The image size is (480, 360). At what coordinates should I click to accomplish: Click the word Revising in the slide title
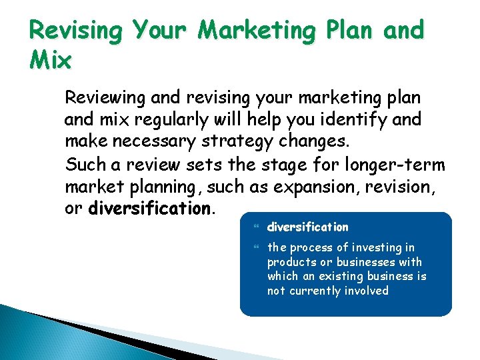pyautogui.click(x=75, y=31)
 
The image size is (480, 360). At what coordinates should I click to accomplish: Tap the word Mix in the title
pyautogui.click(x=51, y=61)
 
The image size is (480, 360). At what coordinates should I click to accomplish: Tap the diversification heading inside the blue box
pyautogui.click(x=308, y=227)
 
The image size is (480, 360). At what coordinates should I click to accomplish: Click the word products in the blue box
pyautogui.click(x=289, y=262)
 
